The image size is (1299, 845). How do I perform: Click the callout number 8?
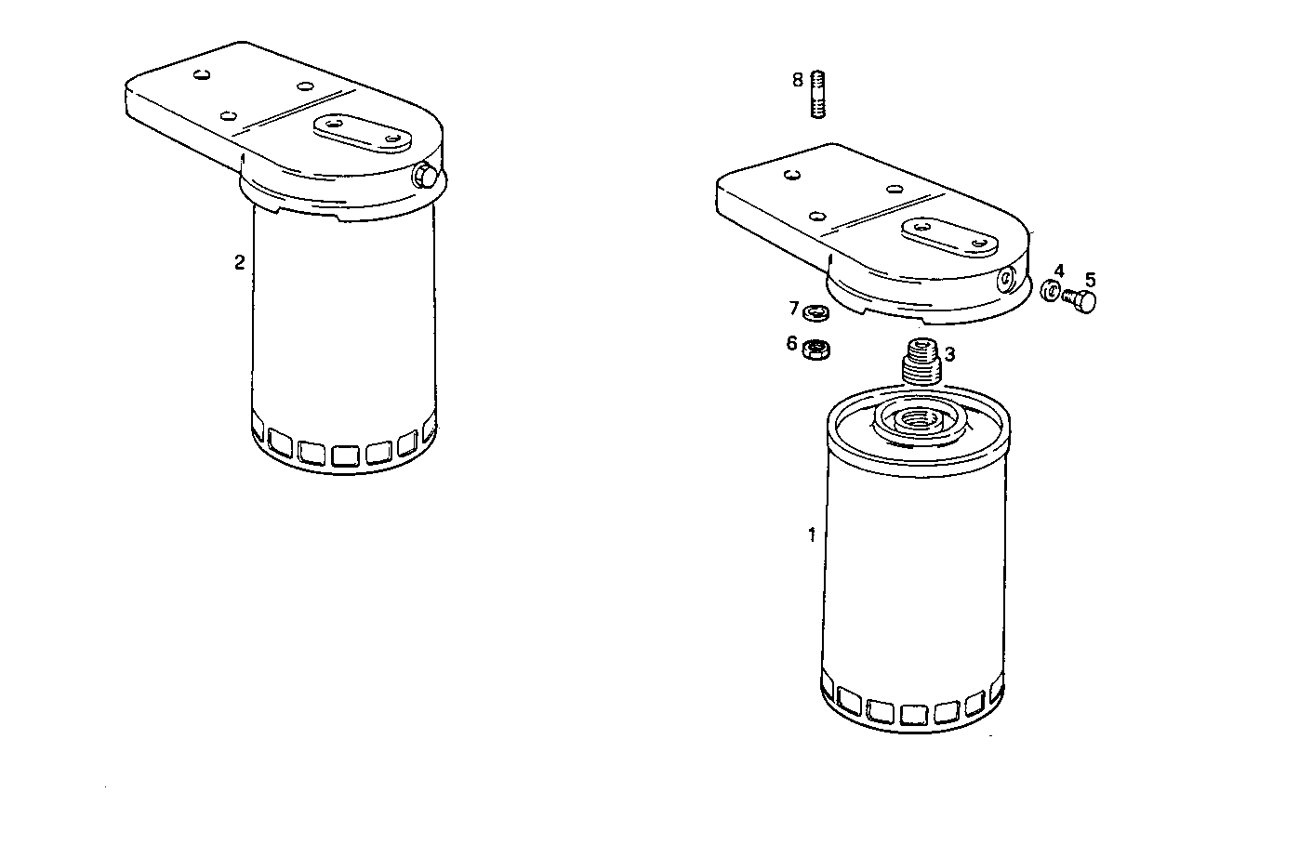798,80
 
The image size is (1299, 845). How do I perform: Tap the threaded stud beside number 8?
818,94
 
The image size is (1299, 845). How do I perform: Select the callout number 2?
239,263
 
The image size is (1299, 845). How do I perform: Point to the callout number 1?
812,535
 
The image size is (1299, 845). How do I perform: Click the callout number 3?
949,354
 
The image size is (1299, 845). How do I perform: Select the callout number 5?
1090,279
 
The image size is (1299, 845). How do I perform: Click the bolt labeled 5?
1080,300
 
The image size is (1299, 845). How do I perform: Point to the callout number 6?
792,344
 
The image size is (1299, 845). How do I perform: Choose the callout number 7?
794,308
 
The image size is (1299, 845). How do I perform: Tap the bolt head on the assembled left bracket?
424,174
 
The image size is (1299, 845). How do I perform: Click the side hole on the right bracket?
1008,278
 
